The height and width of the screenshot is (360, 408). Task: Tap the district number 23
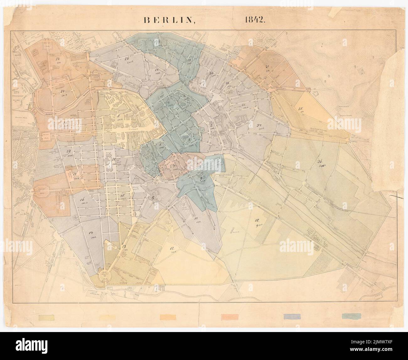coord(58,59)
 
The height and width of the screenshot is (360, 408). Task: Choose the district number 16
coord(83,199)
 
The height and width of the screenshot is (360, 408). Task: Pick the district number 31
coord(267,67)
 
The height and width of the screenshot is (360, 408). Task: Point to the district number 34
coord(260,125)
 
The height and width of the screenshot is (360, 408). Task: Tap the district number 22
coord(62,91)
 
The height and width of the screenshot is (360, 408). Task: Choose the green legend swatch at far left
coord(46,318)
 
